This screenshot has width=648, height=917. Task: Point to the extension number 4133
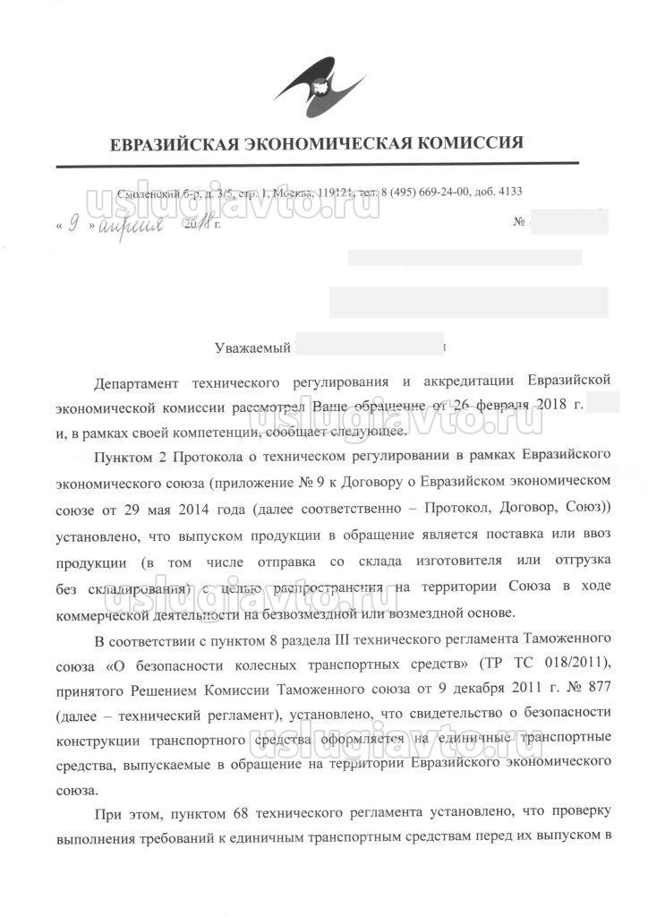pos(507,193)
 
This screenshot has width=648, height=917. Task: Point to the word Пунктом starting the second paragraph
pos(123,456)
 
